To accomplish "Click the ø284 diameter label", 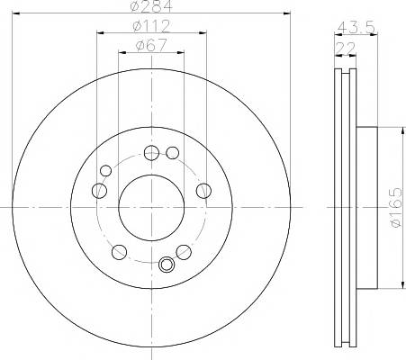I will [x=150, y=7].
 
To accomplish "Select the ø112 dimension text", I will [x=150, y=26].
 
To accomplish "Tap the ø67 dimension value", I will [x=150, y=44].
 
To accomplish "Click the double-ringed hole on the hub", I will [x=165, y=265].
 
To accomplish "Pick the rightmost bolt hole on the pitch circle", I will [x=203, y=189].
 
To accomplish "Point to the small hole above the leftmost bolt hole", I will [x=105, y=170].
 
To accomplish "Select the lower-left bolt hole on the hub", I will [x=117, y=250].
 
